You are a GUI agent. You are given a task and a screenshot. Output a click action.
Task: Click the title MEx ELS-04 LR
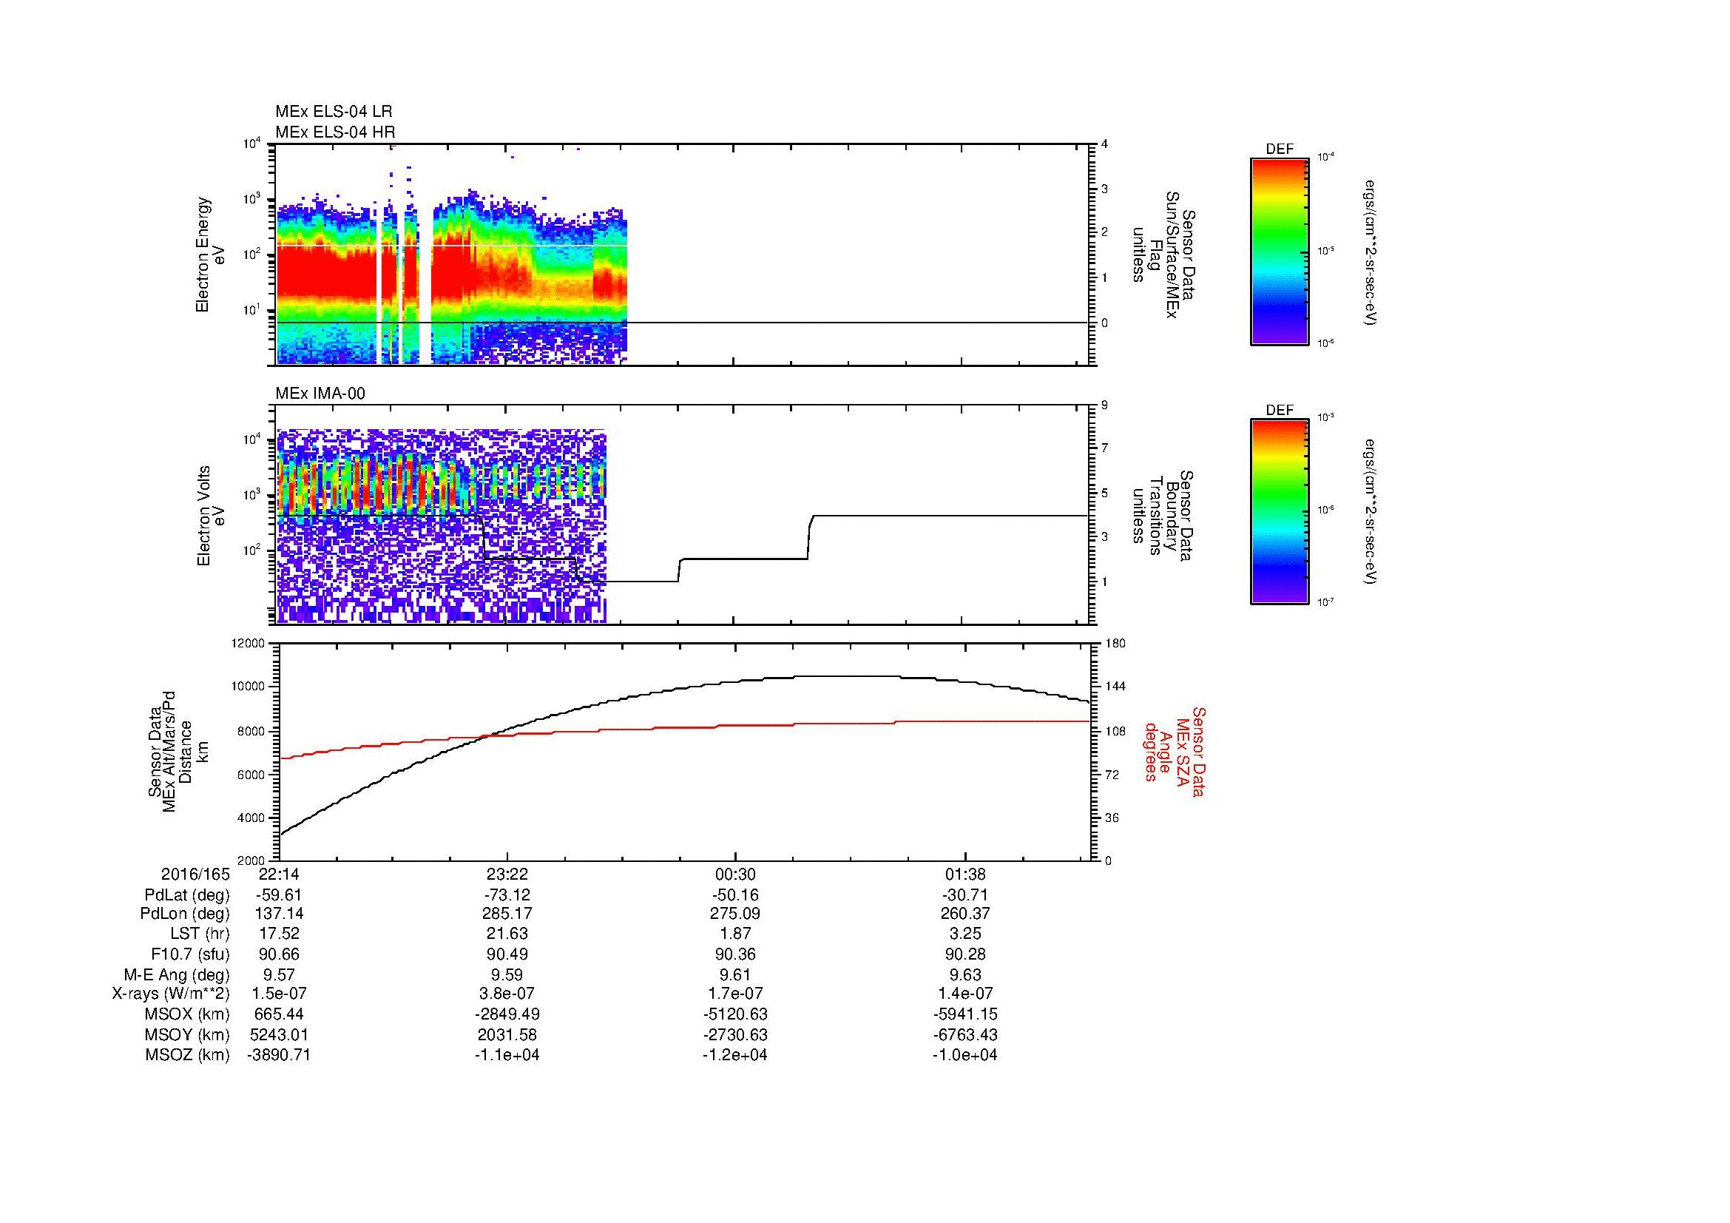tap(334, 112)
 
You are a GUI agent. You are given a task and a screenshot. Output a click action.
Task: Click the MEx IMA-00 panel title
tap(320, 394)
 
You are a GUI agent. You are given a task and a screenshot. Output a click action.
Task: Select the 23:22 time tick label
tap(507, 875)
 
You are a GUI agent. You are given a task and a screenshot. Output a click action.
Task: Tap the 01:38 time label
tap(964, 875)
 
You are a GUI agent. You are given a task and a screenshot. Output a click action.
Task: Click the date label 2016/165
tap(195, 875)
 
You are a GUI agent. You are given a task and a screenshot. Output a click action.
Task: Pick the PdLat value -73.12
tap(507, 895)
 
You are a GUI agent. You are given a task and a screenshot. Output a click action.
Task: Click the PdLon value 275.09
tap(734, 914)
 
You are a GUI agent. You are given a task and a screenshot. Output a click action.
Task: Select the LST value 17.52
tap(279, 934)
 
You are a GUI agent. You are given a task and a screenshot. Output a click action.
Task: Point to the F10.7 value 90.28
tap(964, 954)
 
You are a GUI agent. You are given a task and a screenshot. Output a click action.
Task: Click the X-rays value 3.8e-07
tap(507, 994)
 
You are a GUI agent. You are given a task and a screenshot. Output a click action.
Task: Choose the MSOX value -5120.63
tap(734, 1014)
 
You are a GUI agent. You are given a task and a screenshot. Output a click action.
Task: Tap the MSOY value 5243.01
tap(279, 1034)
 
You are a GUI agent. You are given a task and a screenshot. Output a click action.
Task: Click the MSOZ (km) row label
tap(188, 1055)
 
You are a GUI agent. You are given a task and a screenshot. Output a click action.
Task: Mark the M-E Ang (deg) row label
tap(177, 974)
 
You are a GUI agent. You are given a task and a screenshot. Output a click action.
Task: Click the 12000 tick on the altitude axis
tap(249, 644)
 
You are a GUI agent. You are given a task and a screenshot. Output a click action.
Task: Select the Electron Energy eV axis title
tap(211, 255)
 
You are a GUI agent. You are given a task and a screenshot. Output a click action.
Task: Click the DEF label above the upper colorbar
tap(1280, 149)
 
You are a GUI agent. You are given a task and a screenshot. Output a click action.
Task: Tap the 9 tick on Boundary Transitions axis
tap(1104, 405)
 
